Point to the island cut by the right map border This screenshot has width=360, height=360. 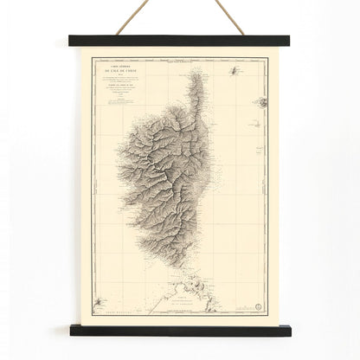(259, 101)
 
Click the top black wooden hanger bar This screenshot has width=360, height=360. (179, 40)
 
